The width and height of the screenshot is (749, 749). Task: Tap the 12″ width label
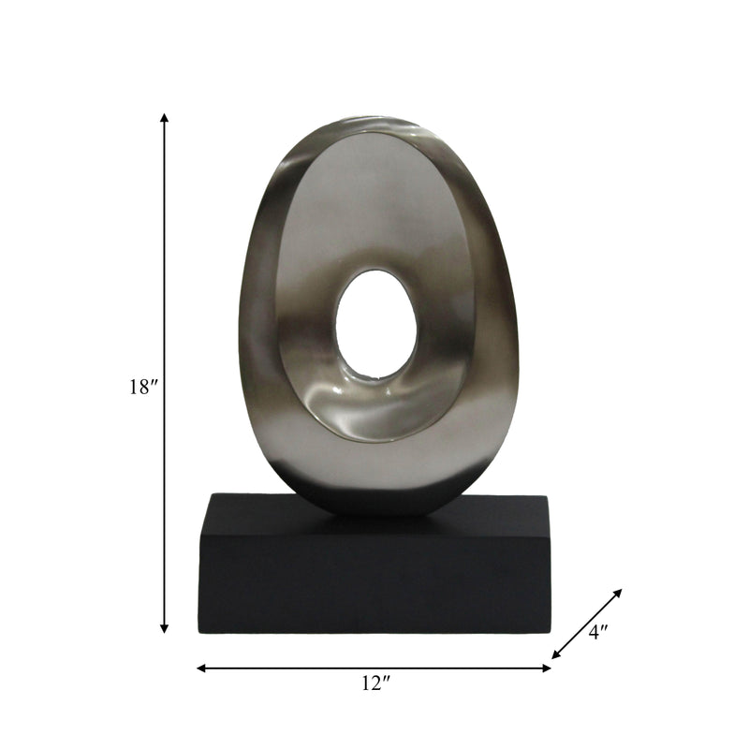(x=374, y=684)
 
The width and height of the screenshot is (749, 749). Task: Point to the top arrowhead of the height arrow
(x=165, y=118)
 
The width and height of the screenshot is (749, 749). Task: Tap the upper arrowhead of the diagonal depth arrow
(x=618, y=593)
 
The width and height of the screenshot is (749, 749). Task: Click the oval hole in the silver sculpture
(x=376, y=324)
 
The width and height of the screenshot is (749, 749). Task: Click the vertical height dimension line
(x=165, y=281)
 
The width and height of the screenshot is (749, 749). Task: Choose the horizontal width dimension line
(x=281, y=668)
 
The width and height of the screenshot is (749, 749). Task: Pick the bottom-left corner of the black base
(x=199, y=632)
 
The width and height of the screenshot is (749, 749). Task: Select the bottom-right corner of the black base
(x=551, y=632)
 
